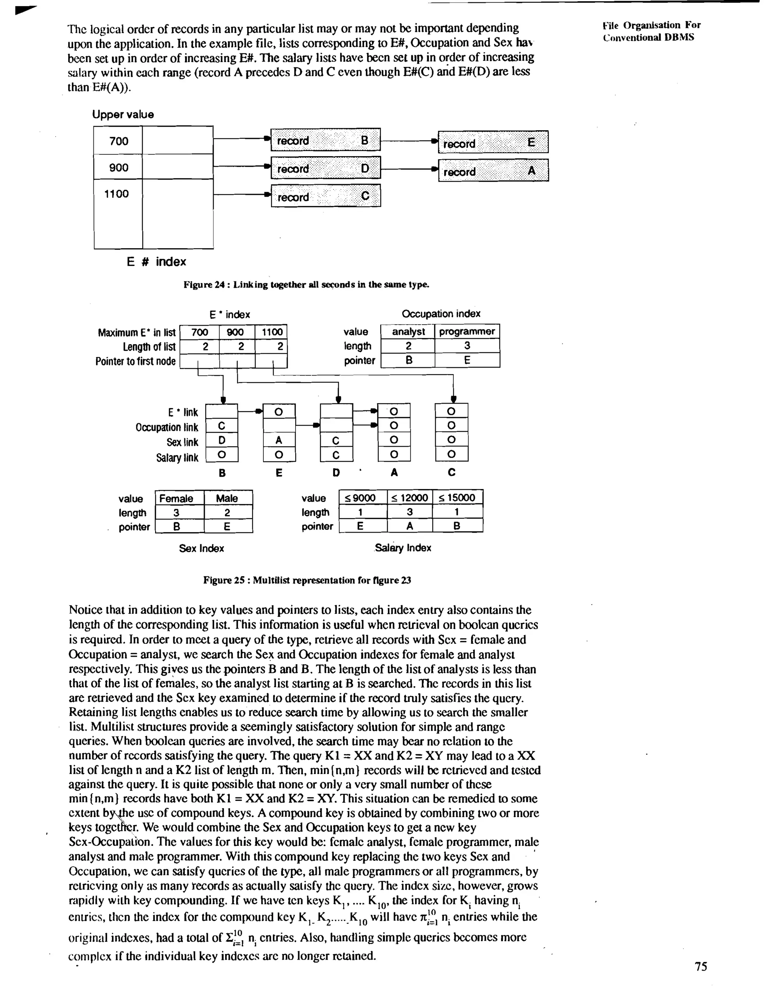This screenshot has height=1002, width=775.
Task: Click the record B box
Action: click(x=325, y=140)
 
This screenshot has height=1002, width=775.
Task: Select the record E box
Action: click(x=493, y=142)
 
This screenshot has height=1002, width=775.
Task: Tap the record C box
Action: click(x=325, y=196)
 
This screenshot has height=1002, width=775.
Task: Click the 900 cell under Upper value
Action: click(x=118, y=168)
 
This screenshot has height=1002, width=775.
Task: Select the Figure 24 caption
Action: click(x=306, y=284)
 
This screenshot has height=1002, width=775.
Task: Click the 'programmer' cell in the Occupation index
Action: click(x=467, y=331)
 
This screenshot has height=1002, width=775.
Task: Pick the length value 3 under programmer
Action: click(x=467, y=346)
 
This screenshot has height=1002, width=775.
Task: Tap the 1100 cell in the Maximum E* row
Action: click(x=271, y=332)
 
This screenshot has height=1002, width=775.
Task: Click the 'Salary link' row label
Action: click(x=177, y=457)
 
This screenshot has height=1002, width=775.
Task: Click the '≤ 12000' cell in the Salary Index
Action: click(x=409, y=498)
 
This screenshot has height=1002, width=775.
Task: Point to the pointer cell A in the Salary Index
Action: click(x=409, y=526)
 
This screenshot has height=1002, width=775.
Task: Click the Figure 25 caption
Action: click(x=307, y=580)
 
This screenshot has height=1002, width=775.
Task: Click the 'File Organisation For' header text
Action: click(x=652, y=25)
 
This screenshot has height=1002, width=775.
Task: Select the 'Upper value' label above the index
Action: click(x=123, y=114)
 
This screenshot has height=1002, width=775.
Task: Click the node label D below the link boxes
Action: click(x=336, y=472)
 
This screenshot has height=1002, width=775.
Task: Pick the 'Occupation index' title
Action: click(x=441, y=314)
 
